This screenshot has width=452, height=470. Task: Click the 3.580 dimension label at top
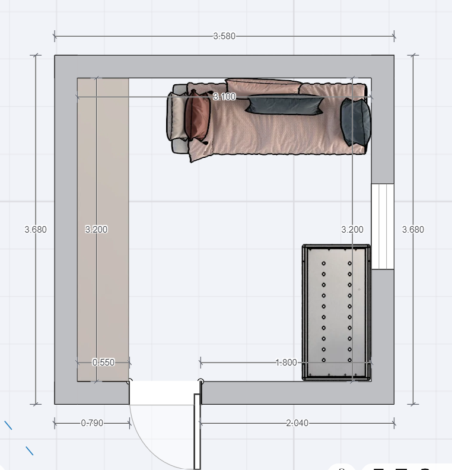click(x=224, y=36)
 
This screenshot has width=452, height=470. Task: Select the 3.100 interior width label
click(x=224, y=97)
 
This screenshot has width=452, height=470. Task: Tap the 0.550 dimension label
click(x=103, y=363)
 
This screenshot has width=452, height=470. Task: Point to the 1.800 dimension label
click(x=286, y=363)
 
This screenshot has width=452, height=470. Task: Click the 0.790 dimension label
click(x=92, y=423)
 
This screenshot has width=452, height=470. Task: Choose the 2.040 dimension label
click(x=297, y=423)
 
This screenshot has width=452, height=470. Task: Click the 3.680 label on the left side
click(x=36, y=230)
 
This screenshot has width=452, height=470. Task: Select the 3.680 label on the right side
click(x=413, y=230)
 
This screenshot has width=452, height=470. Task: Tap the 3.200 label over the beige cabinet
click(x=96, y=230)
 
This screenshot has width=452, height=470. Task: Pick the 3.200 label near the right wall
click(x=352, y=230)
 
